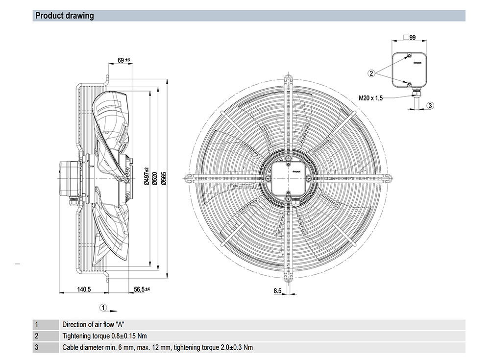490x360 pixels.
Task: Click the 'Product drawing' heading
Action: tap(64, 16)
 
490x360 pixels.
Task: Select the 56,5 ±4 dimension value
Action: tap(141, 289)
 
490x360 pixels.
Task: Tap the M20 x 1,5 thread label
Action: tap(370, 98)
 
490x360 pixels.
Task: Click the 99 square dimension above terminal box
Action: tap(412, 37)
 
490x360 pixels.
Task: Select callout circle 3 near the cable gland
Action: tap(430, 105)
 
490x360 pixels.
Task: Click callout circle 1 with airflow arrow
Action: tap(103, 308)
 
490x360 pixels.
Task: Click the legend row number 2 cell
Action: tap(36, 336)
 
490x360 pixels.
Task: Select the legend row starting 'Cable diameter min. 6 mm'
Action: tap(157, 348)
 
